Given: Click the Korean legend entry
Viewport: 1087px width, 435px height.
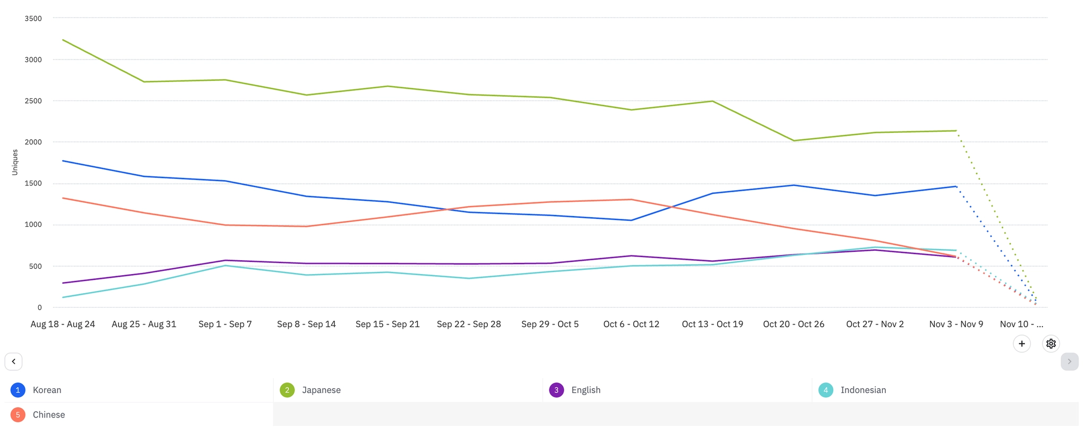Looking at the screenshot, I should [47, 390].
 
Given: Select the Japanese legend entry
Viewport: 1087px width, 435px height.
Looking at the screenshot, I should [321, 390].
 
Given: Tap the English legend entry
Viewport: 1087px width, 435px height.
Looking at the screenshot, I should [585, 390].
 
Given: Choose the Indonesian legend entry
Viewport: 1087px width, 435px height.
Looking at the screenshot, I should [862, 390].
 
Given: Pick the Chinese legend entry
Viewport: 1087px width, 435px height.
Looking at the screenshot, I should [48, 415].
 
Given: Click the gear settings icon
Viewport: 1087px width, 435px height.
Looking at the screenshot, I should [1051, 344].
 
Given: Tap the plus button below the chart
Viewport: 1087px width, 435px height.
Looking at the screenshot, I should [1022, 344].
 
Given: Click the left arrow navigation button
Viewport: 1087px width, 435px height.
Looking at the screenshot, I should [14, 361].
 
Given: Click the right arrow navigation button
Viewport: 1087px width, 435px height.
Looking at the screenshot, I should [1069, 361].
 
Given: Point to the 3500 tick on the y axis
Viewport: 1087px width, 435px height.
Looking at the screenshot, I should [33, 19].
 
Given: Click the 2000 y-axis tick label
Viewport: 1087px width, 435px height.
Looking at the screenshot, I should [33, 142].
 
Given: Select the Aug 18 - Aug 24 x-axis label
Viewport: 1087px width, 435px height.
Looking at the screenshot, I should [63, 324].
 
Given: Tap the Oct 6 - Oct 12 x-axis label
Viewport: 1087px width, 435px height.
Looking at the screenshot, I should [631, 324].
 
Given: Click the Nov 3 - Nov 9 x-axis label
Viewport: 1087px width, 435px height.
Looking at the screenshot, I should [956, 324].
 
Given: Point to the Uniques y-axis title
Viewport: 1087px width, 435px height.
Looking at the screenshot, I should [15, 163].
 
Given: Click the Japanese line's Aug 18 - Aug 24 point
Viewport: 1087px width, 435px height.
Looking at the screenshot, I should [63, 40].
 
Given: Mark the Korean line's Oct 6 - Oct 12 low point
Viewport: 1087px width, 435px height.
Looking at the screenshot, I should [631, 220].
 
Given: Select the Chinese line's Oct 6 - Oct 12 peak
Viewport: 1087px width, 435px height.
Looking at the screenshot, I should [631, 200].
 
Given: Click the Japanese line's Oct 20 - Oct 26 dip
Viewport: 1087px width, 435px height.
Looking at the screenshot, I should [793, 141].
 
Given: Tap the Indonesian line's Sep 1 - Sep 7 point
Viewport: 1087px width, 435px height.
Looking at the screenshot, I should [226, 266].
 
